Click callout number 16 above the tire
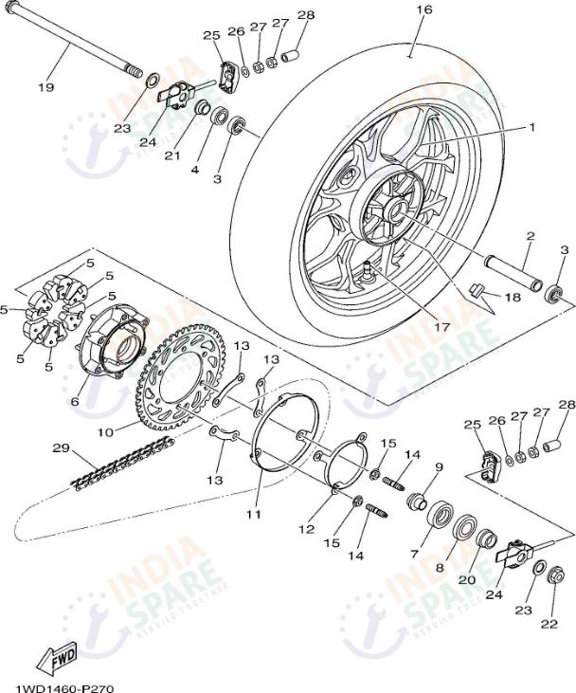tap(423, 9)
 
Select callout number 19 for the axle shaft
tap(45, 87)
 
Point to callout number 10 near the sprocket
tap(105, 431)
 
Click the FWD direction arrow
tap(58, 656)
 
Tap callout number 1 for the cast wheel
tap(531, 126)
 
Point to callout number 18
tap(512, 297)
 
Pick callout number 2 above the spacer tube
tap(531, 235)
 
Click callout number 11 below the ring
tap(253, 515)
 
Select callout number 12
tap(308, 529)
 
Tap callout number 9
tap(439, 466)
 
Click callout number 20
tap(466, 580)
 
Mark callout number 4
tap(194, 171)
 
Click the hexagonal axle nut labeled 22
tap(557, 574)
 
